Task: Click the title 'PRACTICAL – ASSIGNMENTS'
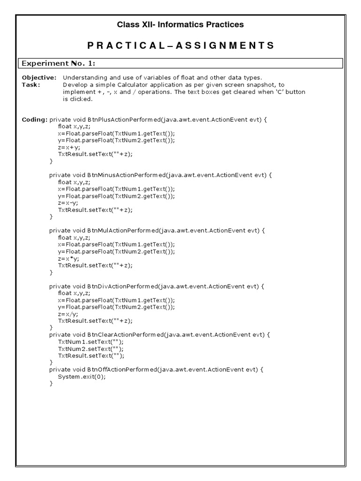[180, 46]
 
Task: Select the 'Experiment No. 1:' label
[59, 63]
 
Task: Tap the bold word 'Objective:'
[39, 78]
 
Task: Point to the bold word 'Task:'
[31, 85]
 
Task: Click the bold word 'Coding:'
[34, 120]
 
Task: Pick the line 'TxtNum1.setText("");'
[91, 341]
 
